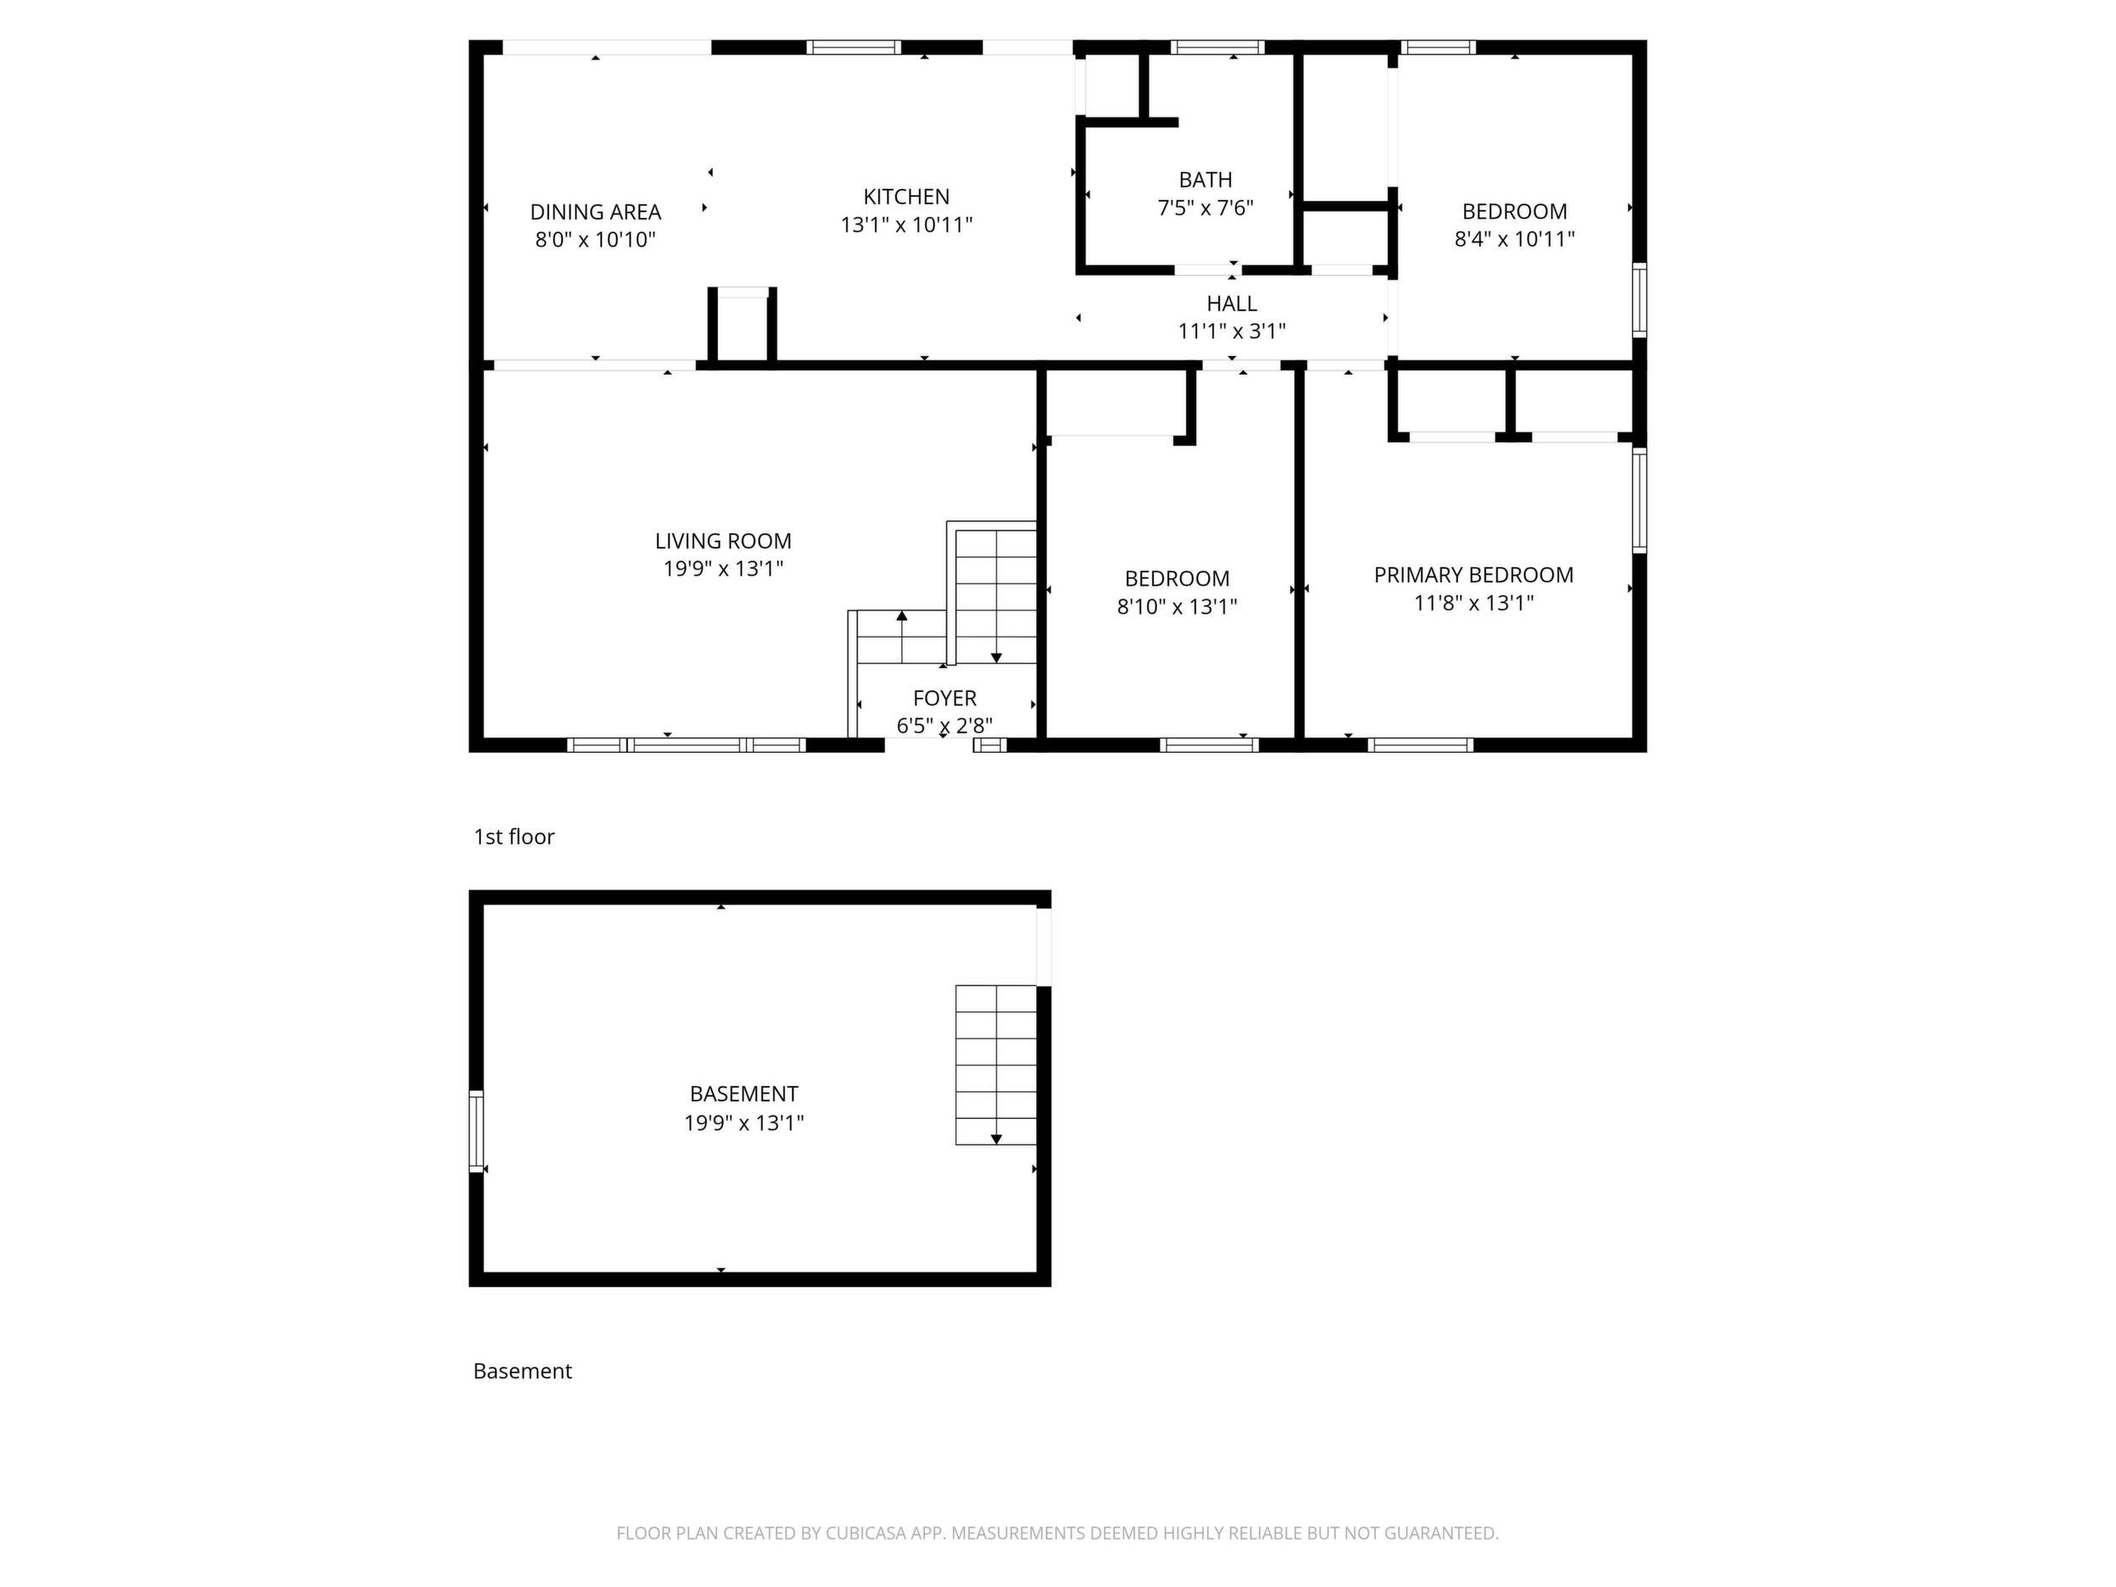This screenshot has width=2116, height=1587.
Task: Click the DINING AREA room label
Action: [595, 211]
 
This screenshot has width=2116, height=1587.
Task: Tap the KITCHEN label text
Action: [906, 197]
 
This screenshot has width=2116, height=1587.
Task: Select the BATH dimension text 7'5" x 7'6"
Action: [1206, 208]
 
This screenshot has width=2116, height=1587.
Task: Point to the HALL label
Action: [1231, 303]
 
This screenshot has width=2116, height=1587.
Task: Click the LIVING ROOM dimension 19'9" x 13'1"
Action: [723, 568]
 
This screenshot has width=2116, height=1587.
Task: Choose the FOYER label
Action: [944, 699]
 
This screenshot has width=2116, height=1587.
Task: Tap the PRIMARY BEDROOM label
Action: [1473, 575]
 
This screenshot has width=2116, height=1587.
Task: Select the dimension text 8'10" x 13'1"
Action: [1177, 606]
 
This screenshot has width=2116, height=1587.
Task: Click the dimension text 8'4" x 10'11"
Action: [1514, 239]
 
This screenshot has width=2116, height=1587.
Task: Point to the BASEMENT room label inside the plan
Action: [743, 1094]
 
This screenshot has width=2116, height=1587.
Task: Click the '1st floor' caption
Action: [514, 837]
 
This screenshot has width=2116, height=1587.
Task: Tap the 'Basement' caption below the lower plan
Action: [522, 1371]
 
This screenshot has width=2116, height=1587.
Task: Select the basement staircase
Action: [996, 1065]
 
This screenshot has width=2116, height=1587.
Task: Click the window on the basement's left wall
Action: [476, 1131]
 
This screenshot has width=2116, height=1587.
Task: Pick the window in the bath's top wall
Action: [1217, 47]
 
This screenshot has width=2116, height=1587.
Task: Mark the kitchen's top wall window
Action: [854, 47]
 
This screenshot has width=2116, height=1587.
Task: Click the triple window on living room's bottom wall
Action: [686, 745]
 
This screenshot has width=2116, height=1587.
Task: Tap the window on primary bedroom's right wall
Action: [1639, 500]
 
